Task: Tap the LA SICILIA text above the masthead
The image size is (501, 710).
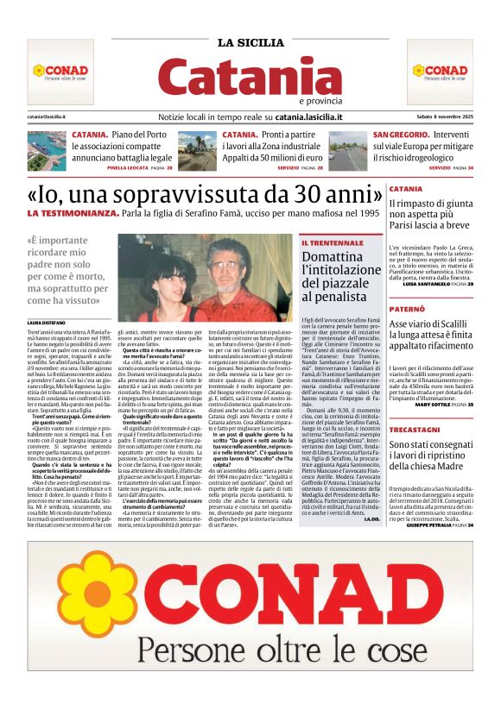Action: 250,43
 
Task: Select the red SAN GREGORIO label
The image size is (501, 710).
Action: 400,135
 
